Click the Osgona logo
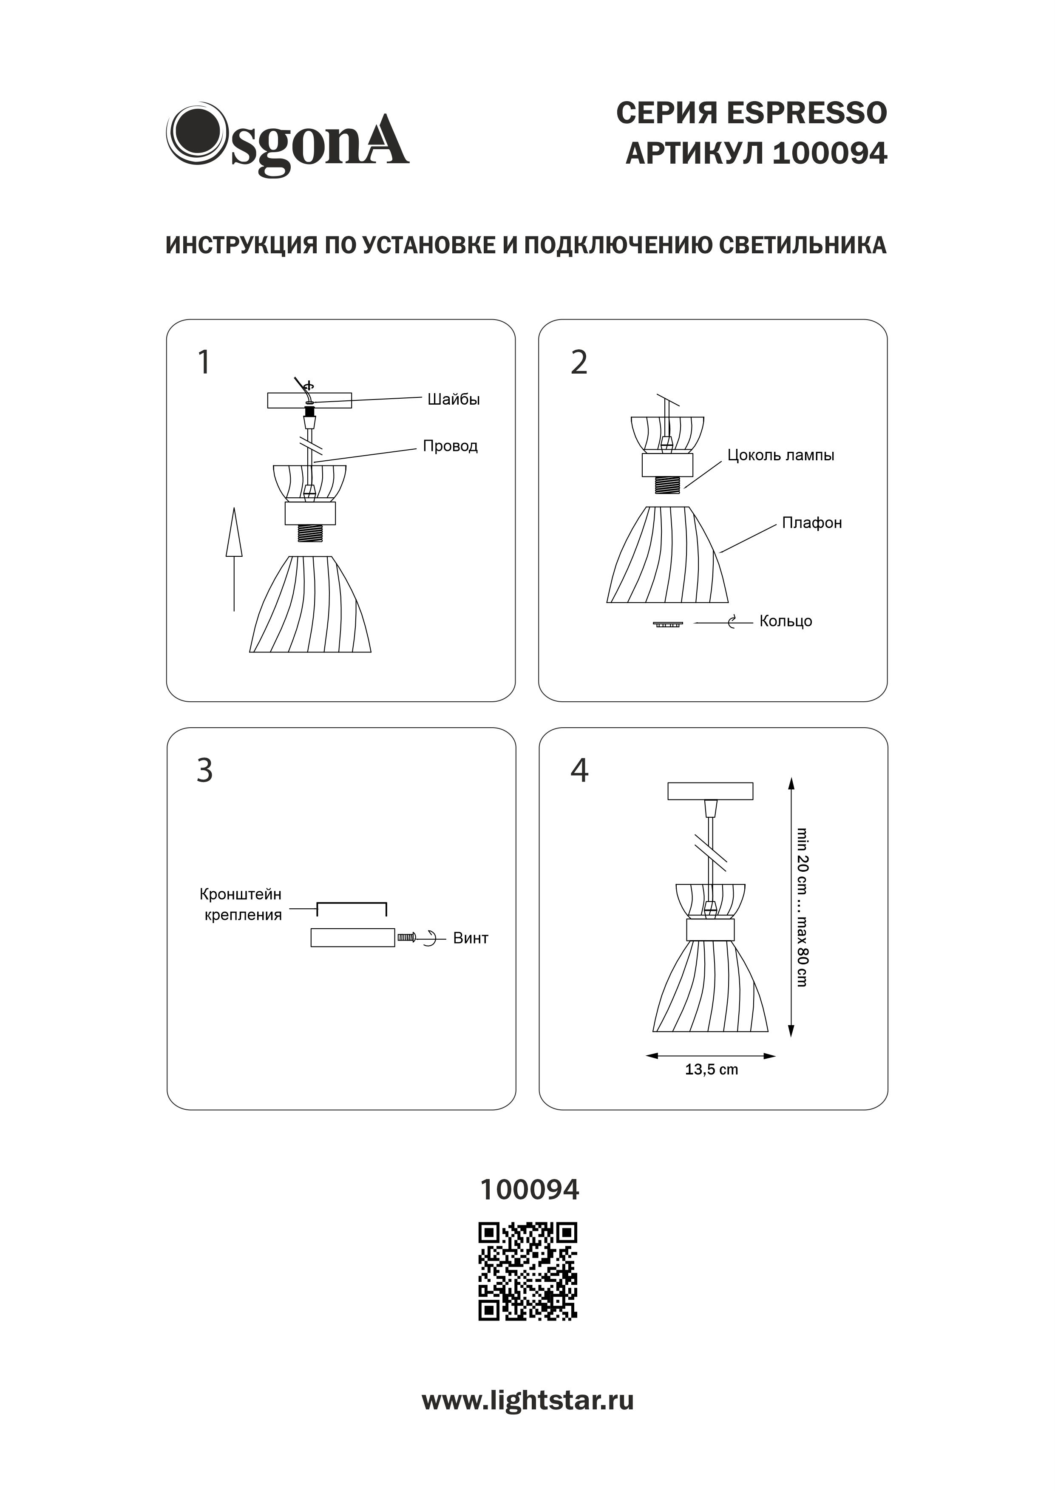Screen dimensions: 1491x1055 click(x=287, y=139)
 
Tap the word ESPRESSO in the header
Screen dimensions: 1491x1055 click(x=805, y=113)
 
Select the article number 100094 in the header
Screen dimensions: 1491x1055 click(x=830, y=154)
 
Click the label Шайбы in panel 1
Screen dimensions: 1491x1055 click(x=454, y=400)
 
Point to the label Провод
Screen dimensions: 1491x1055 click(x=450, y=446)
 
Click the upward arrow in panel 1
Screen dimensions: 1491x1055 click(x=234, y=558)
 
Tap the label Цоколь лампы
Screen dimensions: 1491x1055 click(x=780, y=455)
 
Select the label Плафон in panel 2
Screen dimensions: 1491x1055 click(x=811, y=523)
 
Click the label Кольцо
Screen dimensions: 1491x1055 click(x=786, y=621)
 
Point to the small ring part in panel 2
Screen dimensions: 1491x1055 click(x=667, y=624)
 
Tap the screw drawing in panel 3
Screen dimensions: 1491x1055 click(x=407, y=937)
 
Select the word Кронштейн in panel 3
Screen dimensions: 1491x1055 click(x=240, y=894)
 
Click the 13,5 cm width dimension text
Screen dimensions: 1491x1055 click(x=712, y=1069)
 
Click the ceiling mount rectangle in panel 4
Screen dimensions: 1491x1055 click(x=710, y=791)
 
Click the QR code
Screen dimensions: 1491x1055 click(x=527, y=1272)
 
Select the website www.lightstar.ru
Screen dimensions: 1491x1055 click(x=527, y=1401)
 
